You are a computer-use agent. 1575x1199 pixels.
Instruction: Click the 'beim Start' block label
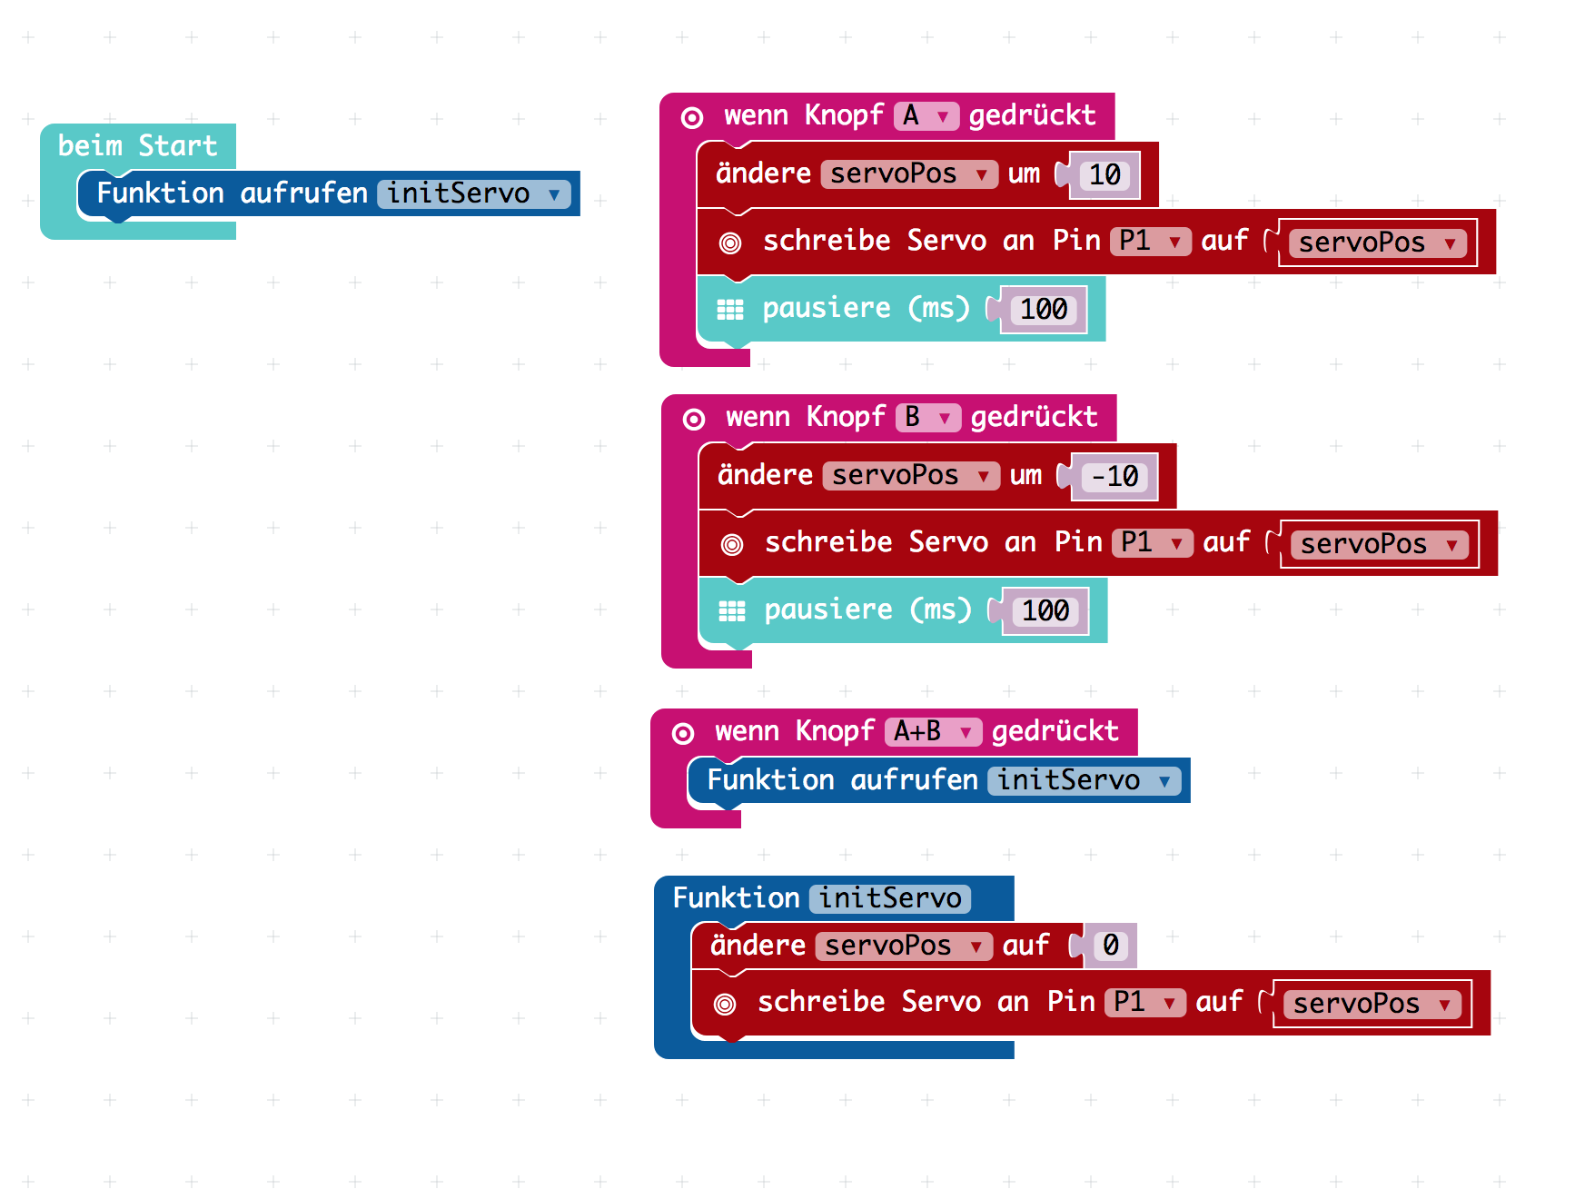click(137, 145)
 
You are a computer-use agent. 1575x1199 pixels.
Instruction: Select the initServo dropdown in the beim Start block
click(473, 193)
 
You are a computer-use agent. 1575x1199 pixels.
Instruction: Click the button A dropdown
click(926, 116)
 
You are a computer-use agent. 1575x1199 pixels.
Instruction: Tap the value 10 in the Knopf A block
click(1104, 174)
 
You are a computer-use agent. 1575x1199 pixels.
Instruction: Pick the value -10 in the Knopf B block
click(1115, 476)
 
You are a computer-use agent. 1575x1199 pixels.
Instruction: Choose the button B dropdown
click(927, 418)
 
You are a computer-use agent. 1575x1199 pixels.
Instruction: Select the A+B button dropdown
click(932, 732)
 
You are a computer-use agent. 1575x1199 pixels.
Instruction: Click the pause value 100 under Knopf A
click(1044, 310)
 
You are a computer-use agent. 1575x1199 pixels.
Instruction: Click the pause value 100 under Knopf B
click(1045, 611)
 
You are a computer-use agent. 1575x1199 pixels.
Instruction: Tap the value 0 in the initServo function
click(1110, 946)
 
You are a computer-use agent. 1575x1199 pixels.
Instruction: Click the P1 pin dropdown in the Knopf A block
click(1150, 242)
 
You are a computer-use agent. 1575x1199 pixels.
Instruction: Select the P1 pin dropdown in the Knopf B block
click(1152, 543)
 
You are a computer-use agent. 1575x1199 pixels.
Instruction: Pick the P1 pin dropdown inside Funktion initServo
click(1144, 1003)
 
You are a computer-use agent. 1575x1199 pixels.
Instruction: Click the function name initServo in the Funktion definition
click(890, 898)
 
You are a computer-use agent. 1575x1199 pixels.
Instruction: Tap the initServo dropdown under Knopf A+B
click(1084, 781)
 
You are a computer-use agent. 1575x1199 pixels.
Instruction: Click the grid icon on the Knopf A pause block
click(730, 310)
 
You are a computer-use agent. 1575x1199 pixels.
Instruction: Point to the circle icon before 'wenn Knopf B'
click(694, 419)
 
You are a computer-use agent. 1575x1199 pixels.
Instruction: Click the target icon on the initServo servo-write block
click(725, 1004)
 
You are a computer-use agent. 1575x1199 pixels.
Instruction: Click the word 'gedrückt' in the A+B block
click(1055, 731)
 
